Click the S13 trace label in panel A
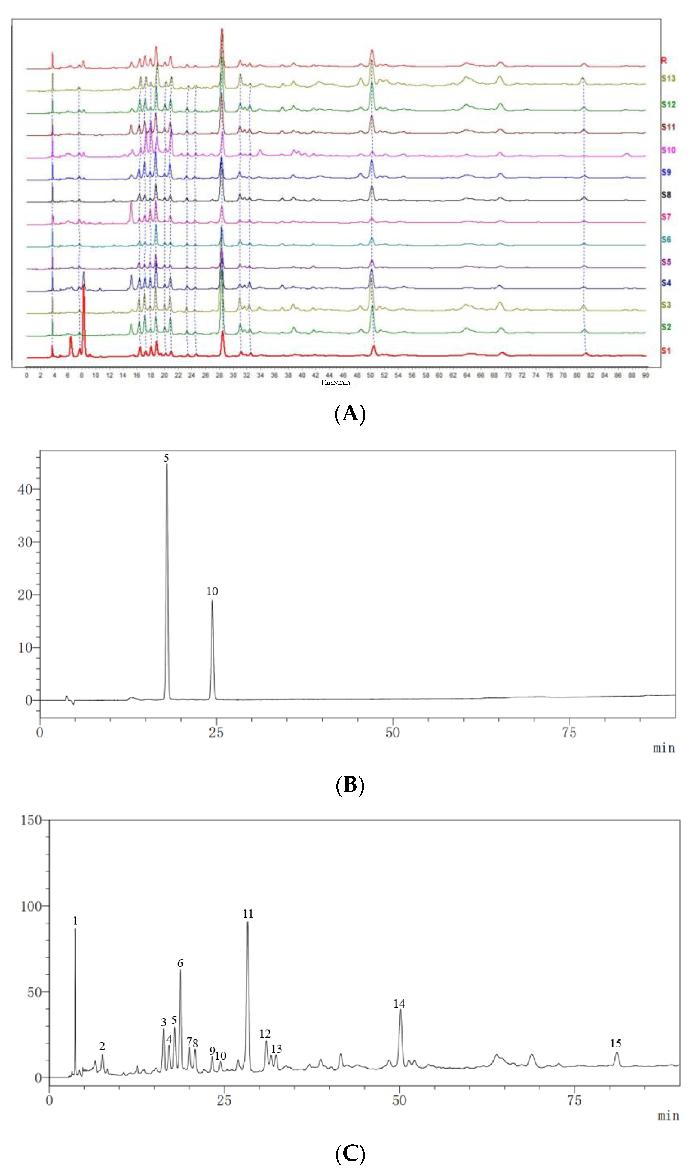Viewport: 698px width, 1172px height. point(668,78)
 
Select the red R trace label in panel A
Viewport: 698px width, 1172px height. point(664,60)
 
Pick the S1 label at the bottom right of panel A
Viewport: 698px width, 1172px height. point(666,351)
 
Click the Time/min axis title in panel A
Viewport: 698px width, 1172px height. point(335,382)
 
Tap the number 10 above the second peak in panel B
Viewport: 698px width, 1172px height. point(212,591)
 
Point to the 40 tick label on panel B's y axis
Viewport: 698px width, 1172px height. point(25,489)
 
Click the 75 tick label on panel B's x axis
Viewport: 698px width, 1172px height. point(569,733)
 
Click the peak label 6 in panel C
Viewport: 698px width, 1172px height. point(180,963)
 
